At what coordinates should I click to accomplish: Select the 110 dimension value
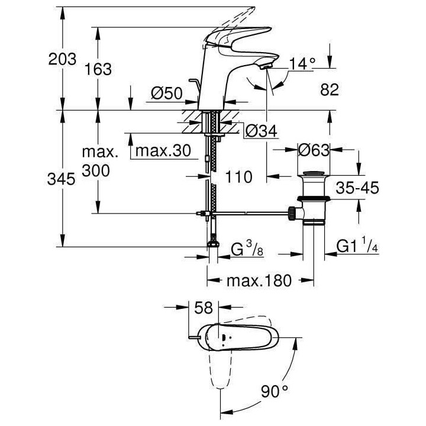pos(238,176)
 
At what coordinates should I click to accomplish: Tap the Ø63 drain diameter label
pos(313,150)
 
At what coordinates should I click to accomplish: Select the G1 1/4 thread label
pos(357,246)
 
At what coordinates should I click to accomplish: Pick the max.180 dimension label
pos(260,281)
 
